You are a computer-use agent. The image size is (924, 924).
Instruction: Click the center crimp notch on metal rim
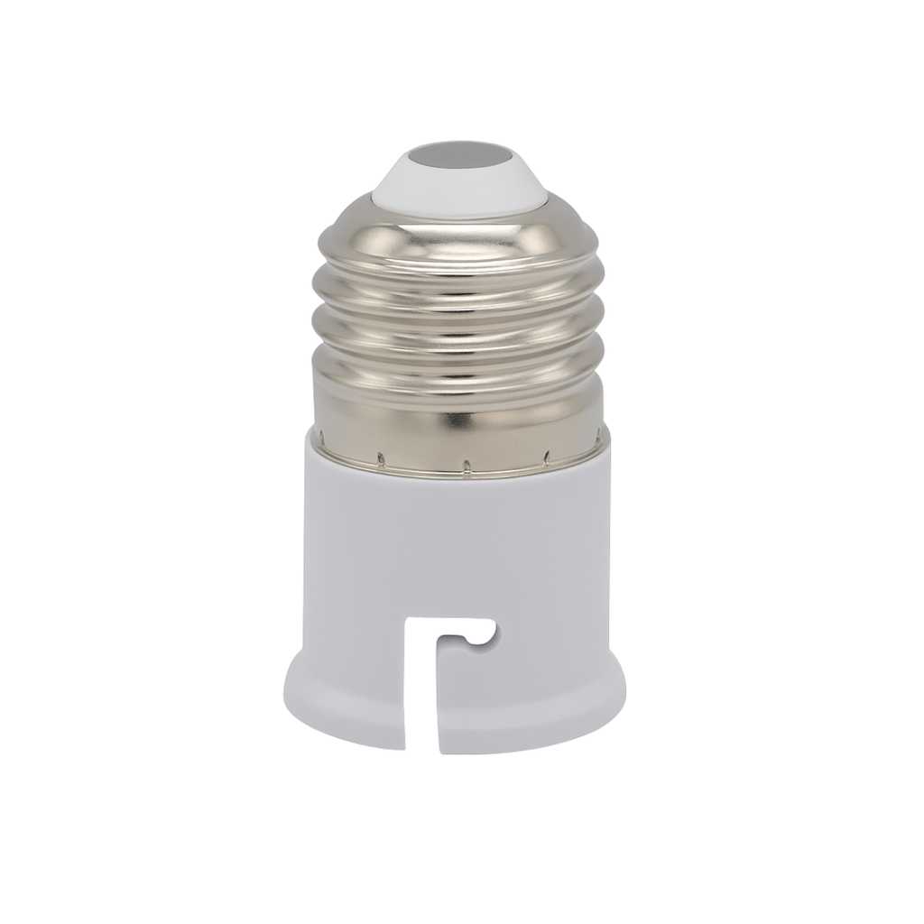467,467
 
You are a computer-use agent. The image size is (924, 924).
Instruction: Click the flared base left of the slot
343,704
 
